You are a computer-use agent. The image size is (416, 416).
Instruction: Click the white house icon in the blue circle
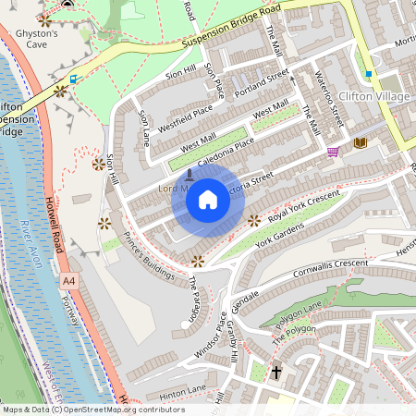pos(208,200)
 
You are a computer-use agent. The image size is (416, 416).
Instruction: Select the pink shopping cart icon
pos(333,152)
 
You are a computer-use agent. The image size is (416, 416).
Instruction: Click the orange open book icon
pos(360,142)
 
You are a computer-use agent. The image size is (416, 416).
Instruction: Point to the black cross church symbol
pos(275,372)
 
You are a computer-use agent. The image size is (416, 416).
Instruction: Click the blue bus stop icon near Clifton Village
pos(368,74)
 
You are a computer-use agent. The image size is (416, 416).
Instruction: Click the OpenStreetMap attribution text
pos(93,410)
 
